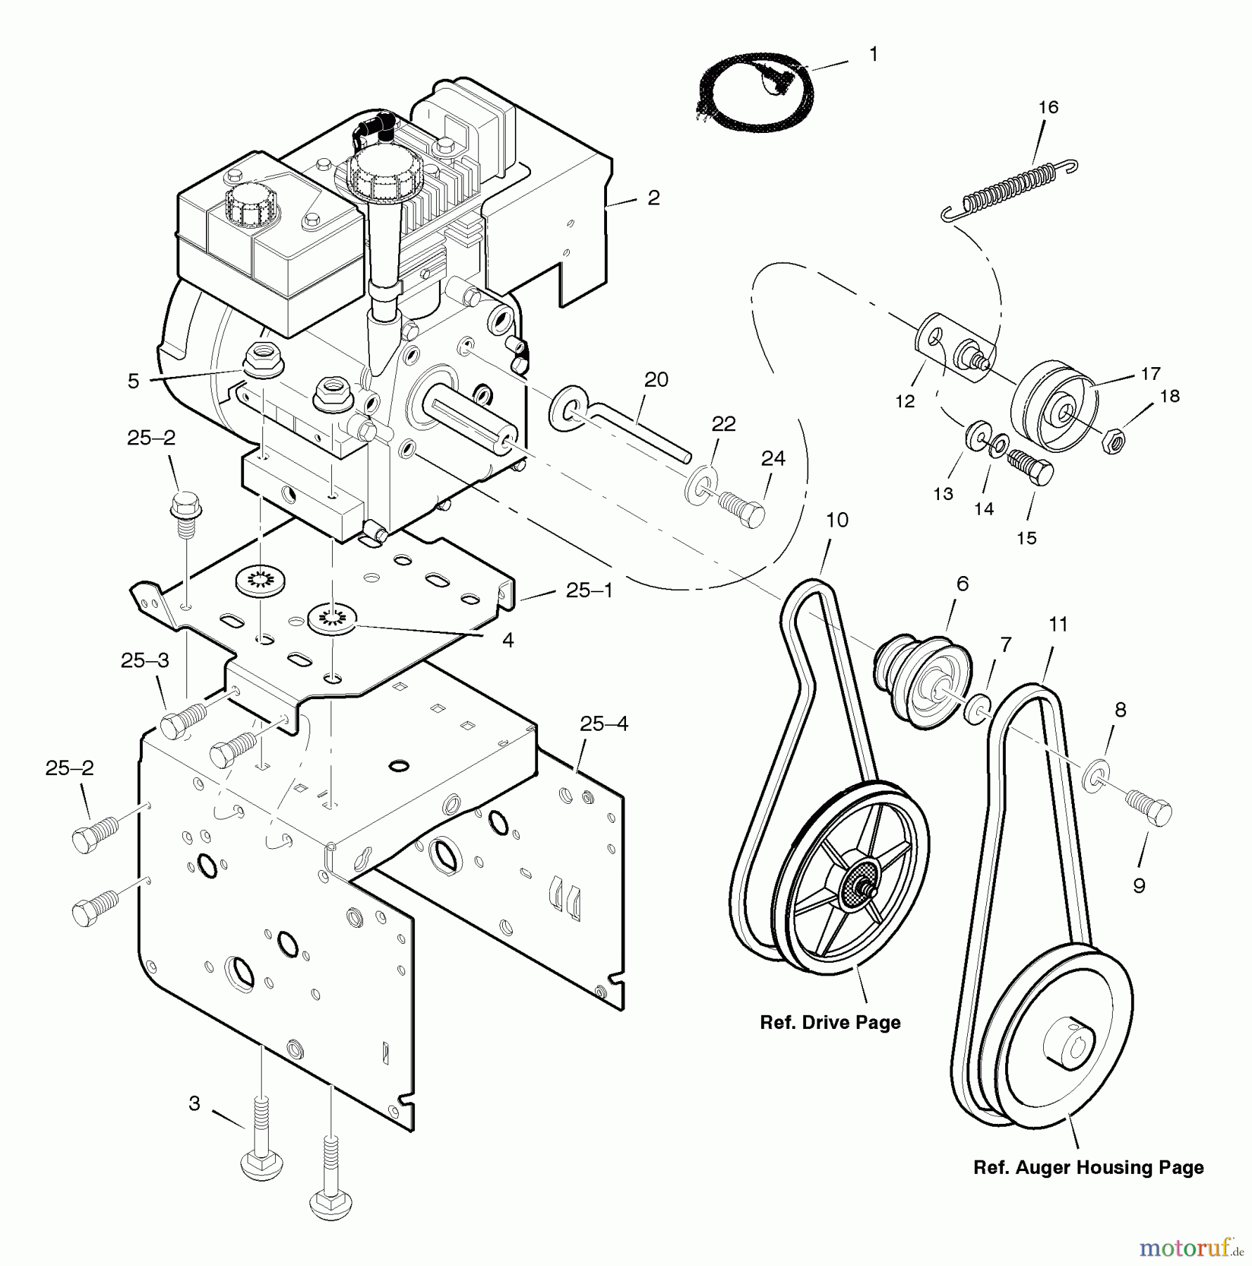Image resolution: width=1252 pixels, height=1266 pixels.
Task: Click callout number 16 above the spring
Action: point(1048,108)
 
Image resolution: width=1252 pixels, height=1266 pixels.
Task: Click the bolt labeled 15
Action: point(1032,468)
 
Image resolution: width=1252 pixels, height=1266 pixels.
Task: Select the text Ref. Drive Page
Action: point(830,1023)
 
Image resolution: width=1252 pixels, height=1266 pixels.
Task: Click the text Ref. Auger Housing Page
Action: point(1088,1168)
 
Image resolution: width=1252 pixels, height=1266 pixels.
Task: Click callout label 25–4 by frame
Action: point(604,724)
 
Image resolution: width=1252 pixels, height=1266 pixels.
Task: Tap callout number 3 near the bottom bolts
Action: point(195,1104)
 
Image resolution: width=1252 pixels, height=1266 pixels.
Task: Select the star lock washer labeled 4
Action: point(332,619)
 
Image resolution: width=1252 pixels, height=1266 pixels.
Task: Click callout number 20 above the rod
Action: point(656,380)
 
